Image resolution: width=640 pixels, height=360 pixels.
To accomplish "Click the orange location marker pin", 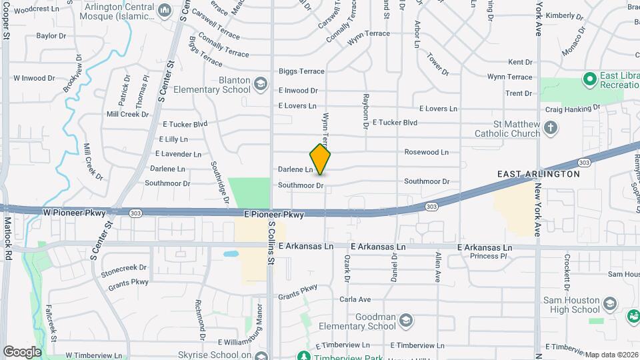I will click(321, 159).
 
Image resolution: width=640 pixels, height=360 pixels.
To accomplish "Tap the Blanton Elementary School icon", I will click(260, 85).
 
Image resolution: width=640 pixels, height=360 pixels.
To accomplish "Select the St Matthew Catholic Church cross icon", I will click(550, 128).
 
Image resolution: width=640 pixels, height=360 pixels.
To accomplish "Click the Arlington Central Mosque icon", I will click(164, 13).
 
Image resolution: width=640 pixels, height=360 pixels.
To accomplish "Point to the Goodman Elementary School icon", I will click(405, 321).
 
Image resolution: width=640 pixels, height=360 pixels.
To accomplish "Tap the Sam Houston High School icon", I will click(609, 305).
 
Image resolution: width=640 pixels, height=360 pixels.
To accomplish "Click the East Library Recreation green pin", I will click(589, 80).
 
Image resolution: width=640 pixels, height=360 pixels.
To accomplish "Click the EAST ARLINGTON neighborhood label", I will click(539, 173).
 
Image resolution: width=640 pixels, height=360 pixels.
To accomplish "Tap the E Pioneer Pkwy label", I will click(274, 215).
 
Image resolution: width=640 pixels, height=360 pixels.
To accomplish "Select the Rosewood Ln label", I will click(427, 152).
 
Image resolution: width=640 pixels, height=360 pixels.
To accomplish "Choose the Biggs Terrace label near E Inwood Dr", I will click(301, 71).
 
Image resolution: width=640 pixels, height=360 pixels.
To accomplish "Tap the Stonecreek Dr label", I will click(123, 267).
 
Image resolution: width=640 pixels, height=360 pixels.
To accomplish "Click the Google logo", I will click(22, 352).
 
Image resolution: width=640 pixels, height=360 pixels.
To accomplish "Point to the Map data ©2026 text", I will click(611, 355).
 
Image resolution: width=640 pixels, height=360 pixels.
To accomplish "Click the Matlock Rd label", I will click(8, 238).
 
